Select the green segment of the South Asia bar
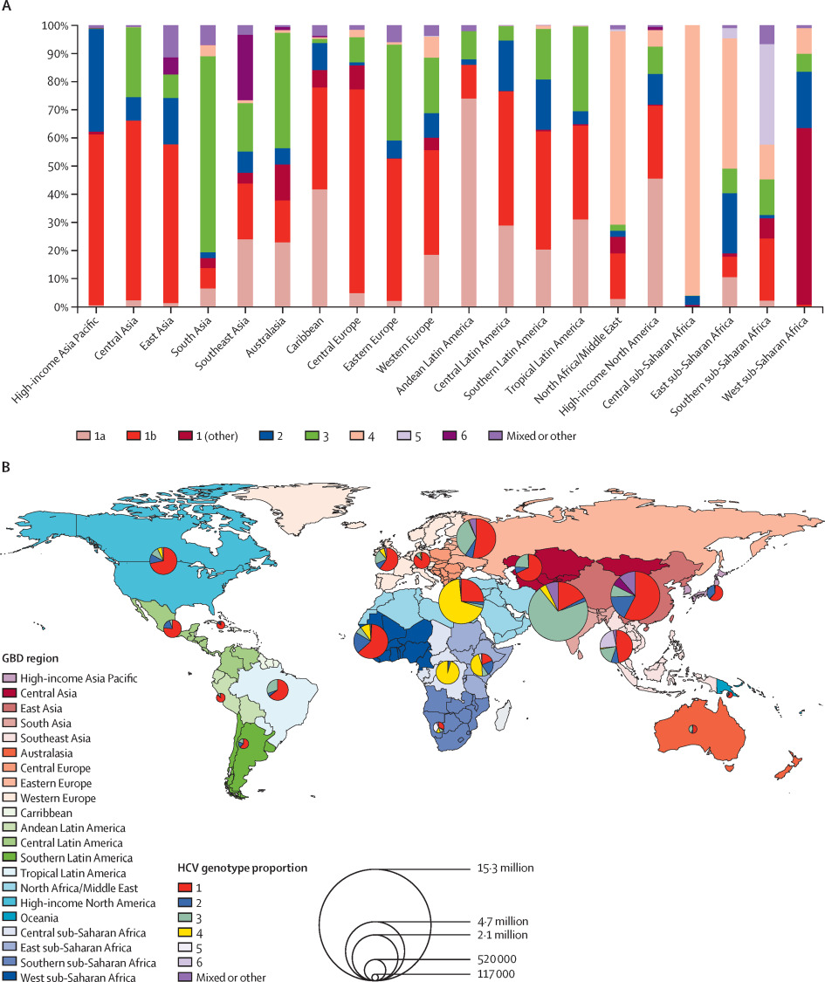(208, 155)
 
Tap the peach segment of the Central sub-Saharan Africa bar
(692, 161)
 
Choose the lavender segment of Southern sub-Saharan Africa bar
(767, 94)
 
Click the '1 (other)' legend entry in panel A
(209, 436)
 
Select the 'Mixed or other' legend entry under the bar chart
(533, 436)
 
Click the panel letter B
(5, 467)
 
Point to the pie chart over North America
(163, 560)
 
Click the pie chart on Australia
(693, 729)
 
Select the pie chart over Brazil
(278, 690)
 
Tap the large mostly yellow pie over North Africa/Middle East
(461, 601)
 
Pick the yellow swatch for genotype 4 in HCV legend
(184, 933)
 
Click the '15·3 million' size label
(505, 868)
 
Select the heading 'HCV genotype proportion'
(243, 868)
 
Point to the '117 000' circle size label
(496, 974)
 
